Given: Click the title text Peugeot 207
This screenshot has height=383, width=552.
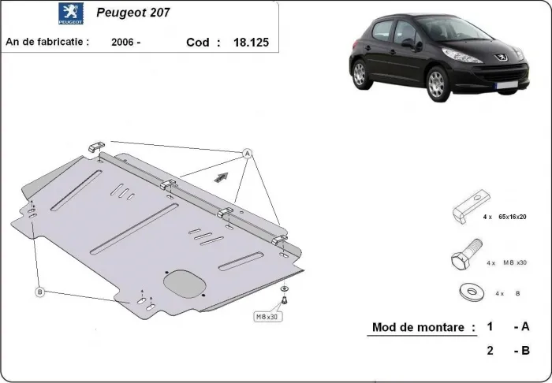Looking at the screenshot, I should tap(132, 13).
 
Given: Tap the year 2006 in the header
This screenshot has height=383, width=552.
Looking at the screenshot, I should tap(123, 43).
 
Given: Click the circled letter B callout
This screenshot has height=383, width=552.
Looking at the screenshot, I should tap(39, 292).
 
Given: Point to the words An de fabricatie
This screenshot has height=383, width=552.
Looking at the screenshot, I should tap(47, 43).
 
